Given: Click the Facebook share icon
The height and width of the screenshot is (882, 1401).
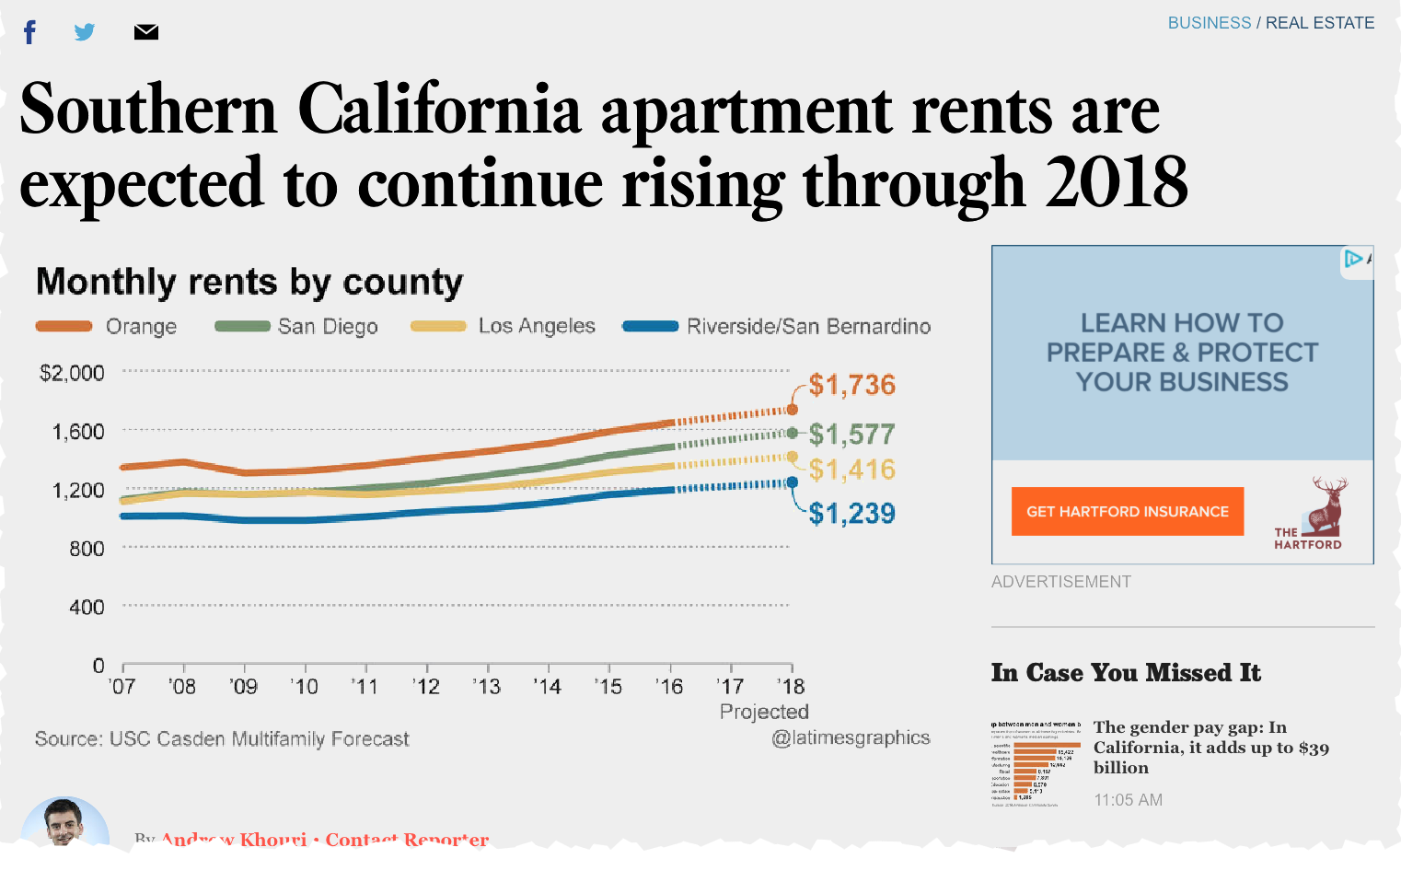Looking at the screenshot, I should point(29,33).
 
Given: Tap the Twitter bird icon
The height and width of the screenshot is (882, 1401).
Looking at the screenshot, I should point(85,32).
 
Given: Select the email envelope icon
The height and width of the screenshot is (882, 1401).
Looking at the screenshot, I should point(145,32).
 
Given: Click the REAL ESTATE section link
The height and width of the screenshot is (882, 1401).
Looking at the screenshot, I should point(1319,23).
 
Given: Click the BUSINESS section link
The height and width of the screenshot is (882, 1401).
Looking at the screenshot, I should point(1209,23).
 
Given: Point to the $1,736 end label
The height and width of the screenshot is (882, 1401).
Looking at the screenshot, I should point(851,385).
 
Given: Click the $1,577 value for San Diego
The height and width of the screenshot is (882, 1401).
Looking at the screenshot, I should point(851,434).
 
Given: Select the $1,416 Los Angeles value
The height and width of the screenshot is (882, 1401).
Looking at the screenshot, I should point(851,470).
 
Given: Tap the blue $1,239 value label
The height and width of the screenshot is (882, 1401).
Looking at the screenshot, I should point(851,513).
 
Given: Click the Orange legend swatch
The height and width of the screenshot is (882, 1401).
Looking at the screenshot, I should point(64,326).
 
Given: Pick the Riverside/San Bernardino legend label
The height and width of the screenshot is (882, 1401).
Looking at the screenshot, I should point(808,326).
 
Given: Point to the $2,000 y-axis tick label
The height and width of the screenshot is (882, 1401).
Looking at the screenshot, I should point(72,373).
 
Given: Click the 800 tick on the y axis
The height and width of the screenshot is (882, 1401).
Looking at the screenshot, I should point(87,549).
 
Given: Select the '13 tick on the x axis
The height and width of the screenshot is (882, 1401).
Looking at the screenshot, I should point(486,687).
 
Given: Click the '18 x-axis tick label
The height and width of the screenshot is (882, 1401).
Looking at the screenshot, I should point(790,687).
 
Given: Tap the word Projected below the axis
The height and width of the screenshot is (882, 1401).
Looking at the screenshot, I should point(764,712).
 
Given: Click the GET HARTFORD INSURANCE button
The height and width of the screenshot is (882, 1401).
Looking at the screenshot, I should point(1127,511).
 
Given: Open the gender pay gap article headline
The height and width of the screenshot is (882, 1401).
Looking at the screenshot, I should point(1210,747).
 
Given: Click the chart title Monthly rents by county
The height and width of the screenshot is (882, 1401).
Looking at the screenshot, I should point(249,282).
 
